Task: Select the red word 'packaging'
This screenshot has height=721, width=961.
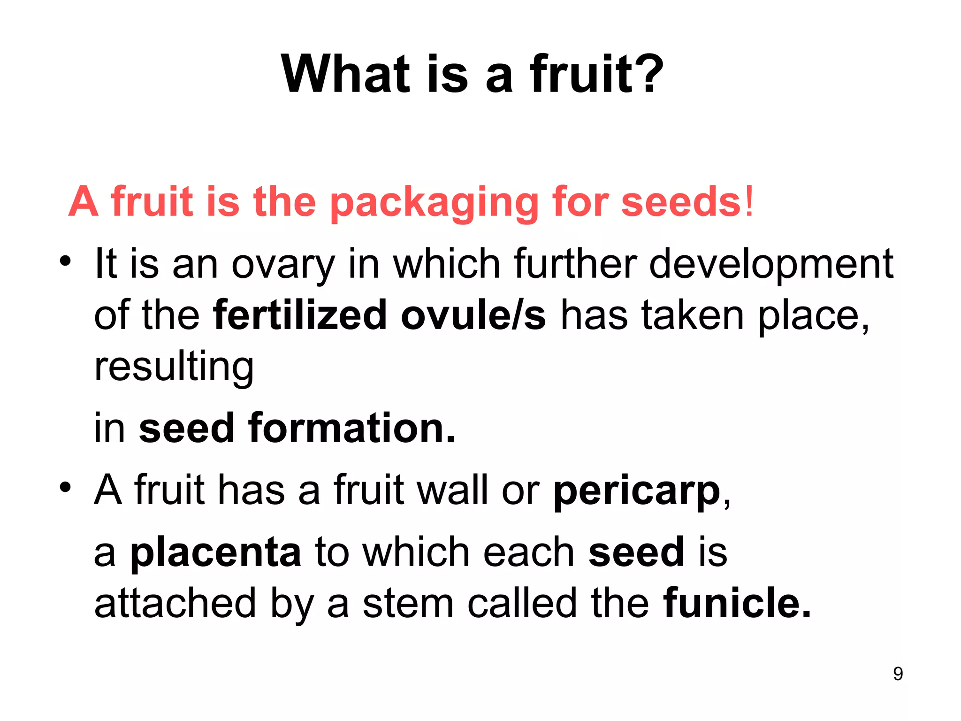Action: pos(434,203)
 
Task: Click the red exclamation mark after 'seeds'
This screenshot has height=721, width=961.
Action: pos(749,201)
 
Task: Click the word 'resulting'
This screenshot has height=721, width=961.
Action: pos(174,368)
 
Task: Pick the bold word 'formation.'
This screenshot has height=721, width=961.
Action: pos(351,428)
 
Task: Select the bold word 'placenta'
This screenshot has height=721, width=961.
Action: pos(215,552)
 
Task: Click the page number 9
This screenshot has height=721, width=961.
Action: pos(898,674)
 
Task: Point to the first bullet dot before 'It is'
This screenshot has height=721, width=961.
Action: pos(65,261)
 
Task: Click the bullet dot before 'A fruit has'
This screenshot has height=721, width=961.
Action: pos(65,487)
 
